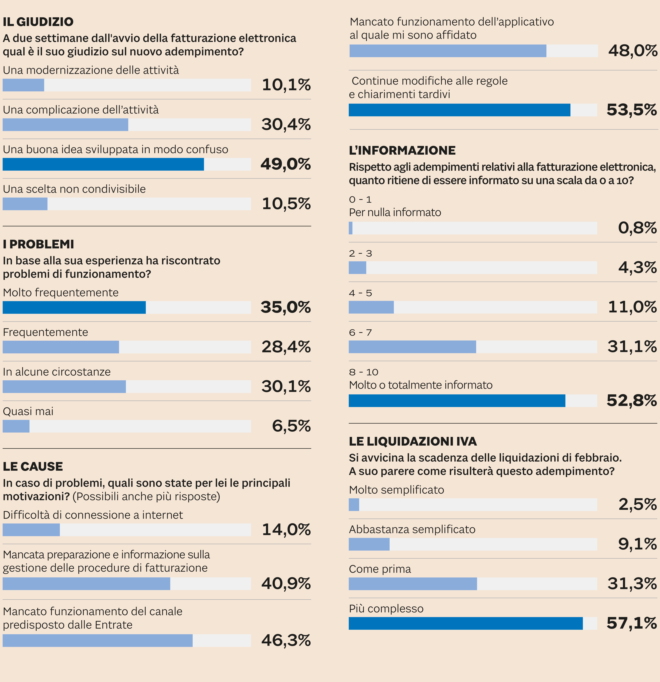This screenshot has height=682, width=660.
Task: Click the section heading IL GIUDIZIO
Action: point(38,22)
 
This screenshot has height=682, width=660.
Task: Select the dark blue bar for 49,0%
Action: point(103,164)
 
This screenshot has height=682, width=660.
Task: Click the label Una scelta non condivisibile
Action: point(74,189)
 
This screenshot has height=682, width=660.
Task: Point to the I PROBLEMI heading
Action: point(38,244)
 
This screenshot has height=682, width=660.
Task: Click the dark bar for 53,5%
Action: point(459,110)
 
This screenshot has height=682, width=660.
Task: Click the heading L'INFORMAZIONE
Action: point(402,150)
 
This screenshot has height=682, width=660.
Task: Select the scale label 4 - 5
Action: point(360,293)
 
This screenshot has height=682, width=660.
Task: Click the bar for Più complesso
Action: point(466,623)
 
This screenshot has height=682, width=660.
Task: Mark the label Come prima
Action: point(380,569)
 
